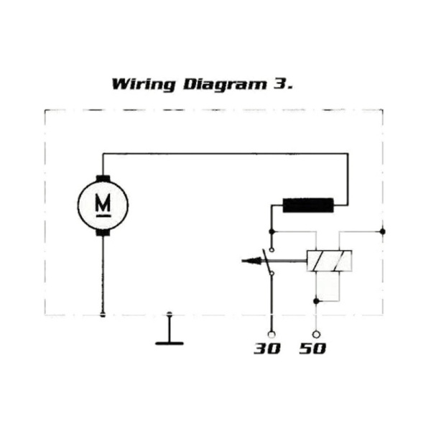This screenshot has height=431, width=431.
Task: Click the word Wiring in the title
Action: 144,84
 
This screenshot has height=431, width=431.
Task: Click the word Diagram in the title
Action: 225,84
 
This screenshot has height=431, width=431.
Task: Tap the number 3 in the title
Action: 280,83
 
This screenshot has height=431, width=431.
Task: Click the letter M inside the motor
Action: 103,203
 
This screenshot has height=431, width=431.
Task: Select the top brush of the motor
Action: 103,178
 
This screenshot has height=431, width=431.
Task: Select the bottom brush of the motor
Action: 103,233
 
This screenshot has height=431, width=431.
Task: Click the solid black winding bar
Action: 308,205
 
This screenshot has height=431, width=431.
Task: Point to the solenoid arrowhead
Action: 251,261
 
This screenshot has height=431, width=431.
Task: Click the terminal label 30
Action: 267,348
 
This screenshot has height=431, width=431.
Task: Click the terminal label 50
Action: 312,348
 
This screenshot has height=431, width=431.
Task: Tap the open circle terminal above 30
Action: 272,335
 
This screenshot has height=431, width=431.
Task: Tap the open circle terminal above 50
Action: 316,335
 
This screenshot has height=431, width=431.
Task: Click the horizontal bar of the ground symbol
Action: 170,343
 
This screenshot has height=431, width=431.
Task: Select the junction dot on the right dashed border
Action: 382,232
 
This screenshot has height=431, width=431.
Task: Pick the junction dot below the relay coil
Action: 316,301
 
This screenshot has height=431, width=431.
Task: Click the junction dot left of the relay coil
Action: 272,232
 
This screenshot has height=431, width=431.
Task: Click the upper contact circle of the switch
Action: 272,250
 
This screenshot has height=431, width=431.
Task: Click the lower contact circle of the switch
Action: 272,273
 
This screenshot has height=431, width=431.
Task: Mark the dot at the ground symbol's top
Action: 170,314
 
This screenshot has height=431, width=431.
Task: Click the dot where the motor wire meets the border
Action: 103,315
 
